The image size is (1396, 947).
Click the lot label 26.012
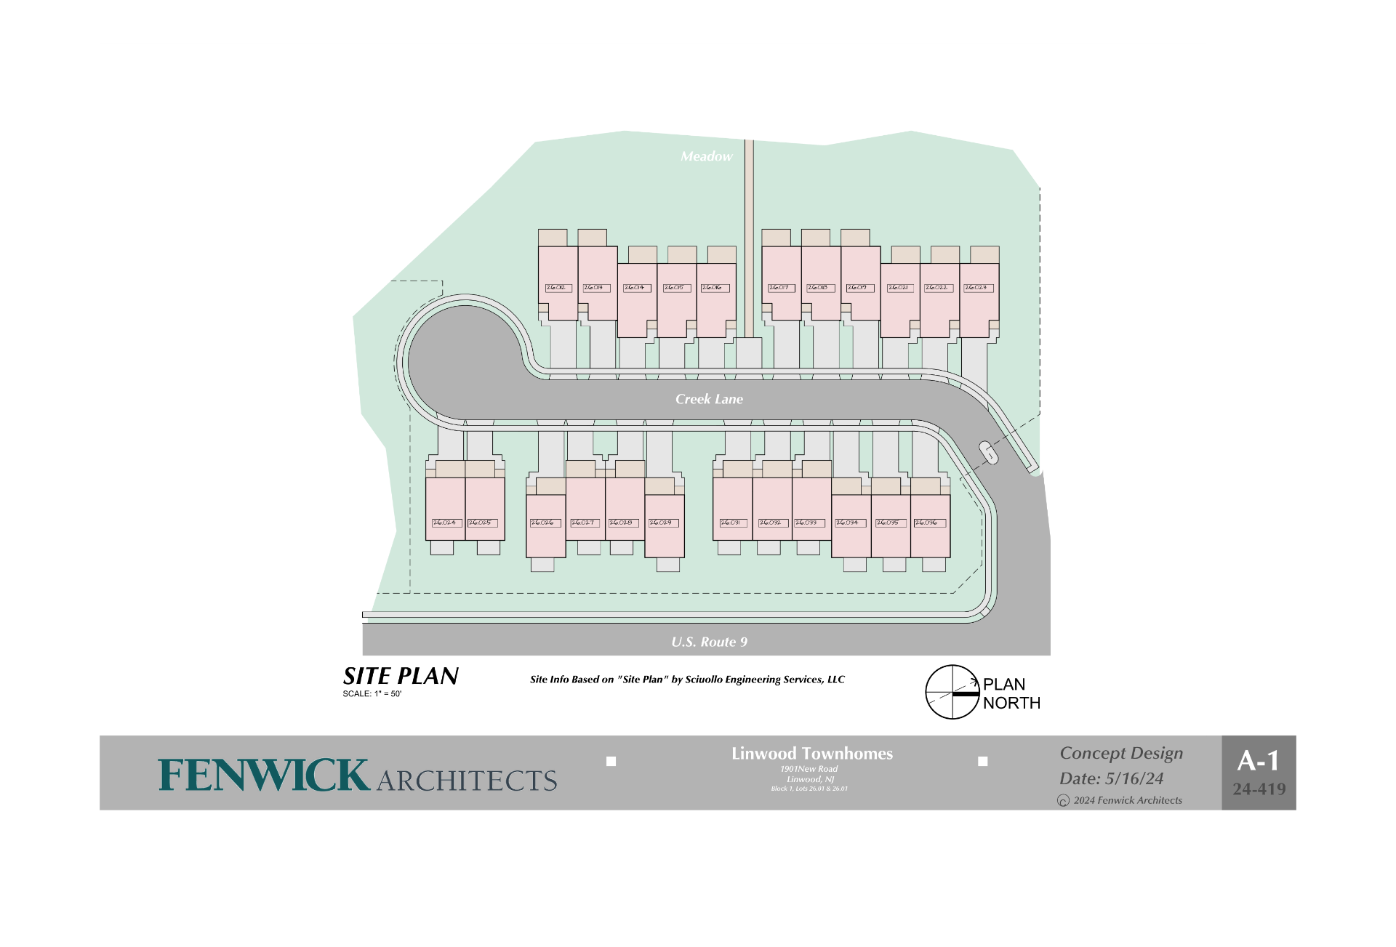[558, 288]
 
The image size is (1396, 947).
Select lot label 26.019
[859, 288]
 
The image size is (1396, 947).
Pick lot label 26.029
[662, 523]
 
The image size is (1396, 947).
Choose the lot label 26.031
[732, 523]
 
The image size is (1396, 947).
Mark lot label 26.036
[928, 523]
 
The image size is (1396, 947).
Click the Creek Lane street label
[709, 399]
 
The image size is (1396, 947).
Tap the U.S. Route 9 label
[709, 642]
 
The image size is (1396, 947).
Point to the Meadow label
[706, 156]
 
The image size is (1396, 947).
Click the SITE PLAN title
[401, 677]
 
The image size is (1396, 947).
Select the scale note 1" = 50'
[372, 694]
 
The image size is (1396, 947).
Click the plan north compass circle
[952, 692]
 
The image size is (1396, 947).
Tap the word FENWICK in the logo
[264, 775]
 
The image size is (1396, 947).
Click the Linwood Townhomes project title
[812, 754]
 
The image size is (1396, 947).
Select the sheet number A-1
[1259, 761]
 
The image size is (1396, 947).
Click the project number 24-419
[1259, 789]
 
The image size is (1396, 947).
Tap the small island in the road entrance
[988, 452]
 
